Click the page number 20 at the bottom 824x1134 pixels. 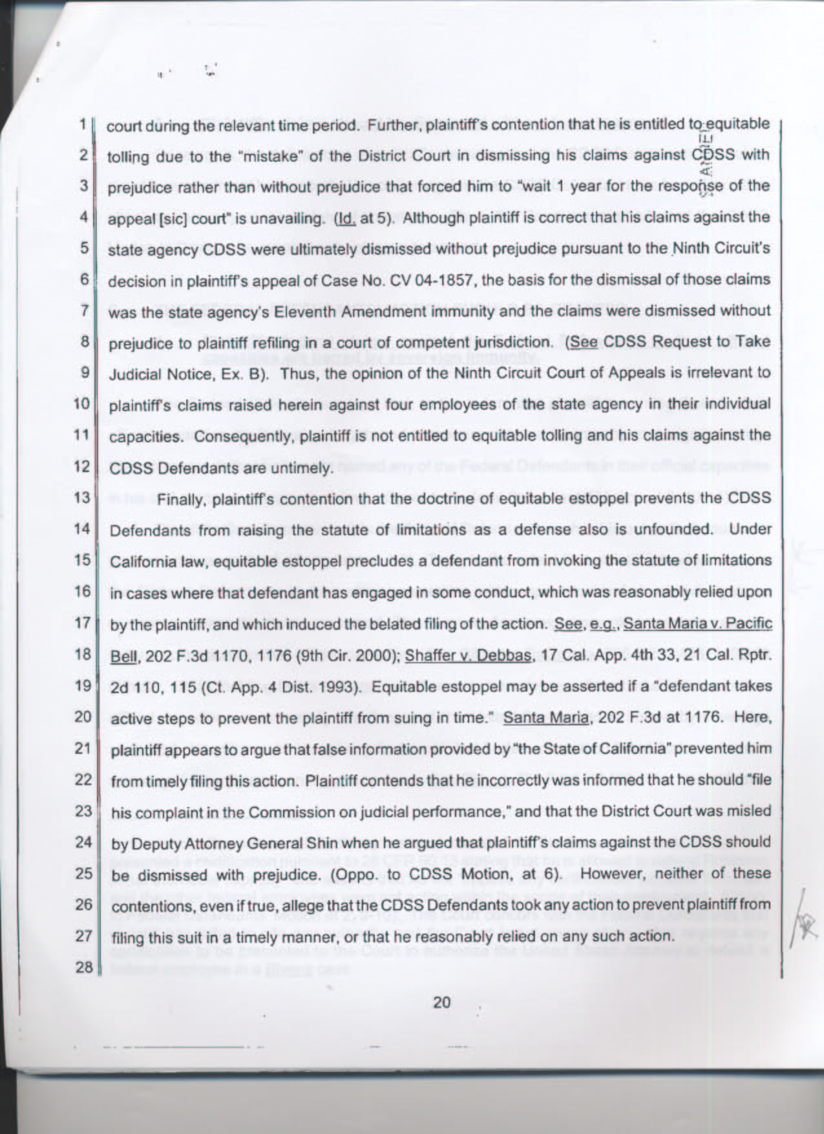[x=441, y=1003]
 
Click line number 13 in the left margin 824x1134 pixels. [x=82, y=498]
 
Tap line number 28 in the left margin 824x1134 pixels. [x=84, y=968]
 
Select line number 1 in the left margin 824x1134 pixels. [x=85, y=123]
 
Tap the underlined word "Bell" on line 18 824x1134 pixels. [x=123, y=656]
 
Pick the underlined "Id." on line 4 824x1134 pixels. [x=347, y=218]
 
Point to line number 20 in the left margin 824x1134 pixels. [x=83, y=716]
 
